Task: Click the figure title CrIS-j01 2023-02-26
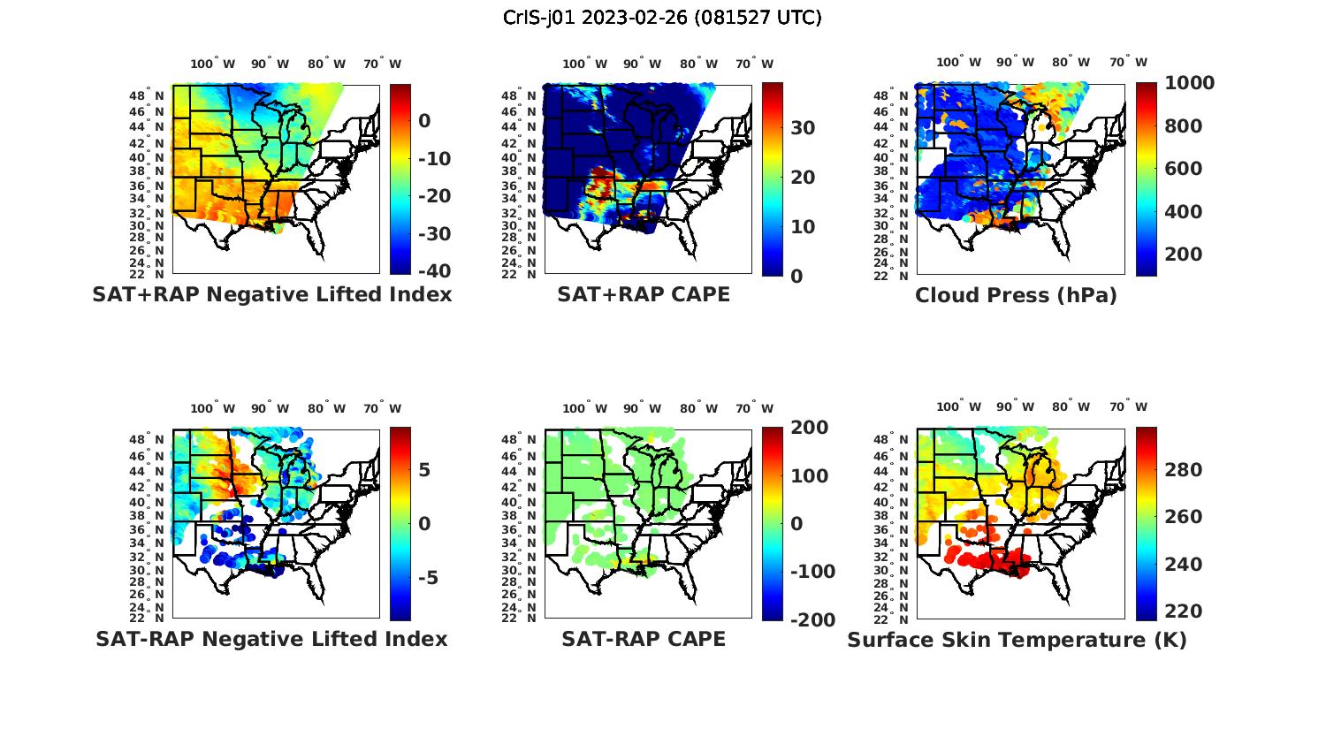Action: coord(662,18)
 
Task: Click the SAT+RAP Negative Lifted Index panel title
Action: coord(272,294)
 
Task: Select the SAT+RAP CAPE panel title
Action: coord(644,294)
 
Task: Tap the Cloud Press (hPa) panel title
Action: coord(1016,295)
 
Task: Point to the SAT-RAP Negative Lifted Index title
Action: coord(271,639)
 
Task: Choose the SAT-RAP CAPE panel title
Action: coord(644,639)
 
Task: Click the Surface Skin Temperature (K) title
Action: coord(1017,640)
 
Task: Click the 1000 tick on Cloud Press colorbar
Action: coord(1189,83)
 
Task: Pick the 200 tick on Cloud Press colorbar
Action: coord(1184,254)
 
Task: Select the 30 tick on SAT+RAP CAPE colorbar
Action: coord(803,128)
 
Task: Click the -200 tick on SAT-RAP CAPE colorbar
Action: coord(812,620)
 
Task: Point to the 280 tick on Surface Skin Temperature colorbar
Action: coord(1184,470)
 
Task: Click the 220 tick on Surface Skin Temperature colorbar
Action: coord(1184,611)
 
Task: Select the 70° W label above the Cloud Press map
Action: coord(1129,63)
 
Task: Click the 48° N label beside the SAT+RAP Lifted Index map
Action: coord(147,95)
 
